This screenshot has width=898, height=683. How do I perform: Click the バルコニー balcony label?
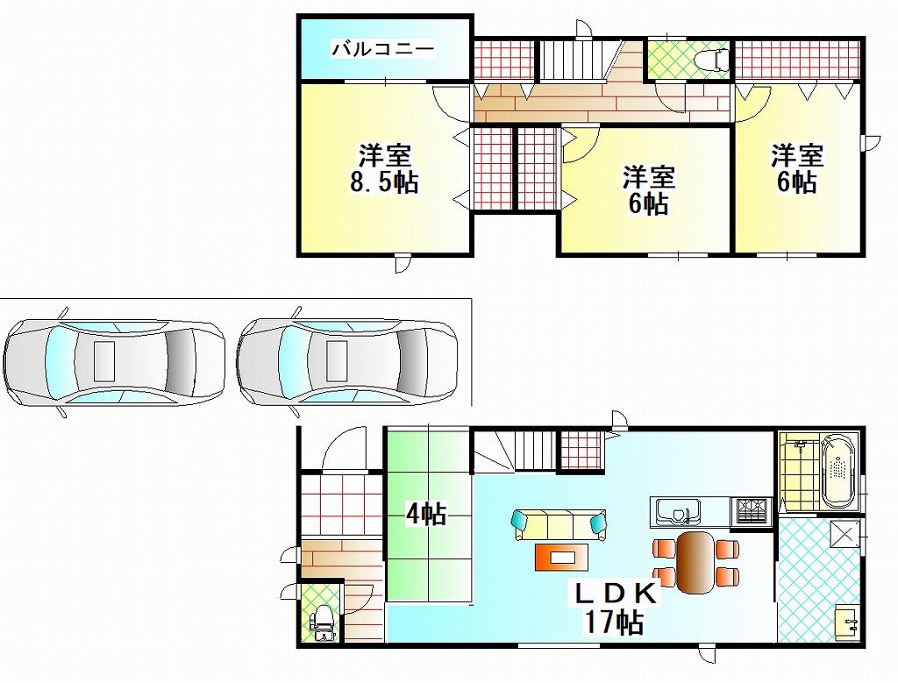click(x=383, y=49)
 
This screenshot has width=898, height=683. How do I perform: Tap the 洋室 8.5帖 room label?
click(x=384, y=169)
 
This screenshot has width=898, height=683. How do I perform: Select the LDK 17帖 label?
click(x=615, y=608)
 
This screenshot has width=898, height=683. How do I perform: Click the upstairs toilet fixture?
click(x=712, y=59)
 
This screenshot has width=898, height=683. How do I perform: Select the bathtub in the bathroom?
click(x=839, y=471)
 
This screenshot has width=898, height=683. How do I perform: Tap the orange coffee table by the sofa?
click(x=562, y=557)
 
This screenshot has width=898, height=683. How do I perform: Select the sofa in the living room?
click(x=559, y=524)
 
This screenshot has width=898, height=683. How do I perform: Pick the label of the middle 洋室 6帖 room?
click(x=648, y=190)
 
